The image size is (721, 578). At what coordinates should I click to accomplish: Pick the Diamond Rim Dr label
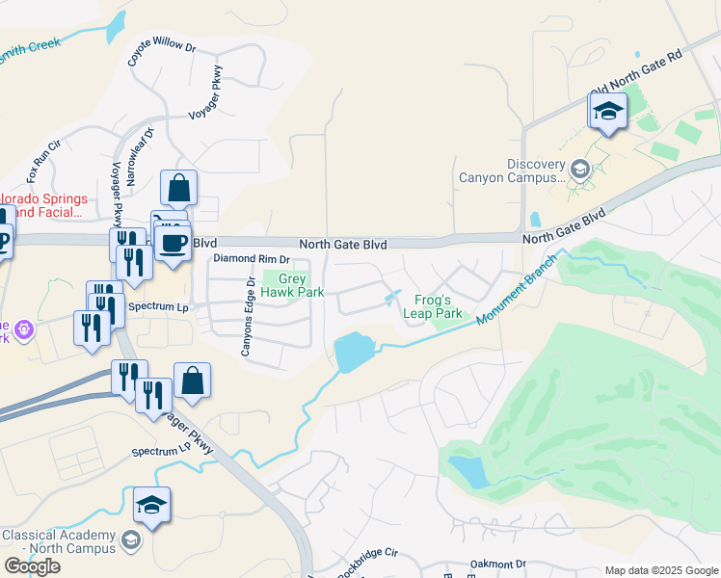click(252, 259)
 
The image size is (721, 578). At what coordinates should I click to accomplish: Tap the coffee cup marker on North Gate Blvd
click(173, 243)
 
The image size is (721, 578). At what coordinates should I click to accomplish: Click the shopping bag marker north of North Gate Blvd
click(178, 188)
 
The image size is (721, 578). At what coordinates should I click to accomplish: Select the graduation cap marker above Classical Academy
click(151, 505)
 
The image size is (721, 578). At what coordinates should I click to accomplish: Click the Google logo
click(32, 566)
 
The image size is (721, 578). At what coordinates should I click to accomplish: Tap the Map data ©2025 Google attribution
click(660, 570)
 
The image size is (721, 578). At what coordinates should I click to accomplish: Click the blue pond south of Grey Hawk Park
click(354, 353)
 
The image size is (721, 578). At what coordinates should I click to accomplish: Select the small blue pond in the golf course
click(468, 471)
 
